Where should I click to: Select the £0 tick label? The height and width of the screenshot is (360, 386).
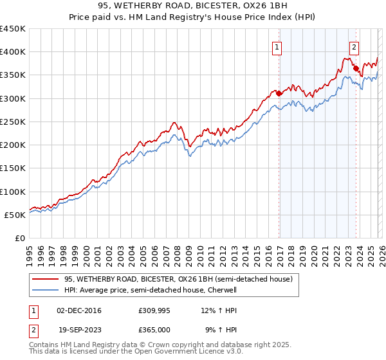[x=20, y=239]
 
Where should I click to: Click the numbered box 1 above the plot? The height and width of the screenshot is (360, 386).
[x=277, y=46]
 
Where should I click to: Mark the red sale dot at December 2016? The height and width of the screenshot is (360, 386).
[x=279, y=93]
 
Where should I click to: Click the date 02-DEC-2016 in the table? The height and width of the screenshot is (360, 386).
[x=79, y=310]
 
